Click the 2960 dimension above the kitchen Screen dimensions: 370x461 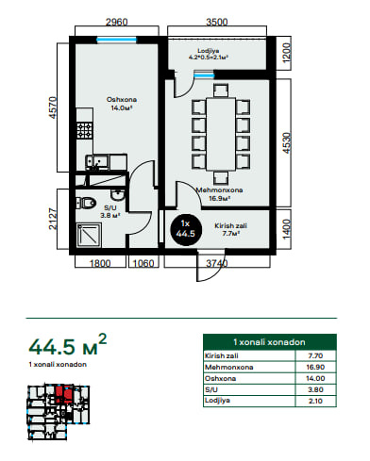pyautogui.click(x=117, y=22)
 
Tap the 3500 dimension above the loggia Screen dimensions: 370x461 pyautogui.click(x=217, y=22)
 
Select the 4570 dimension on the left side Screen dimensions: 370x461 pyautogui.click(x=53, y=107)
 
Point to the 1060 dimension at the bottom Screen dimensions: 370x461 pyautogui.click(x=143, y=263)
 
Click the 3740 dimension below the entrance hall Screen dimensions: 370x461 pyautogui.click(x=217, y=263)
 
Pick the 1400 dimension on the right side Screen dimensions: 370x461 pyautogui.click(x=286, y=229)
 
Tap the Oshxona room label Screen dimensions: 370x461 pyautogui.click(x=122, y=100)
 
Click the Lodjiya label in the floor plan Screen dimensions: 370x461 pyautogui.click(x=209, y=51)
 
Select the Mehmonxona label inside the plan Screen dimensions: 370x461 pyautogui.click(x=219, y=189)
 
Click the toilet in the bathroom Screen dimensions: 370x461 pyautogui.click(x=86, y=203)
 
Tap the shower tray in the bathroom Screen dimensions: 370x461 pyautogui.click(x=89, y=235)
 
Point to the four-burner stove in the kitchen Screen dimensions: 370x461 pyautogui.click(x=85, y=130)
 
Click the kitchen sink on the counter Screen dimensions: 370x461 pyautogui.click(x=97, y=162)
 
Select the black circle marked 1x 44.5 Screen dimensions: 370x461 pyautogui.click(x=186, y=228)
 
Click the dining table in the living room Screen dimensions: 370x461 pyautogui.click(x=221, y=134)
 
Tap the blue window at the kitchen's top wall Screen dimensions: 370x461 pyautogui.click(x=116, y=40)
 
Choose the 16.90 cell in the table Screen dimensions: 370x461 pyautogui.click(x=315, y=367)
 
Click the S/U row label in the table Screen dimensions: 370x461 pyautogui.click(x=211, y=389)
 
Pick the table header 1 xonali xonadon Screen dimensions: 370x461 pyautogui.click(x=269, y=342)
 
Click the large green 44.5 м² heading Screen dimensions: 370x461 pyautogui.click(x=68, y=345)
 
